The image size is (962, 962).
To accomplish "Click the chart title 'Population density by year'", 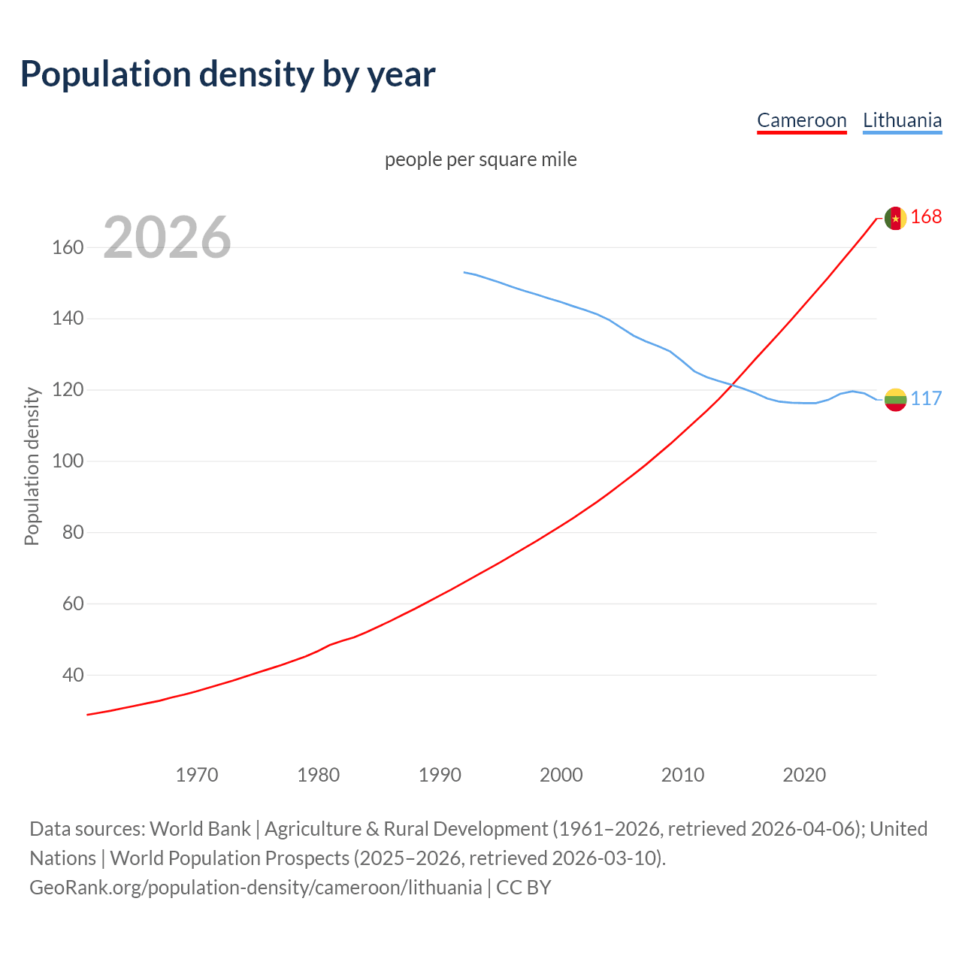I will [x=228, y=74].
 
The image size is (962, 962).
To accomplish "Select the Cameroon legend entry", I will [x=801, y=120].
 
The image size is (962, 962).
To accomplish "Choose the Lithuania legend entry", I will [x=902, y=120].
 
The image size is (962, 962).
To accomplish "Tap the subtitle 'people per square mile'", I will [x=480, y=159].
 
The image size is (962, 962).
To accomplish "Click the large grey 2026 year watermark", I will [x=167, y=237].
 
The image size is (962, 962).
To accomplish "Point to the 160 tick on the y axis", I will [x=68, y=247].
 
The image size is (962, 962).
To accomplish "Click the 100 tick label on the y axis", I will [x=68, y=461].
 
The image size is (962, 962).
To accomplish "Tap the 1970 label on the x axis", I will [x=197, y=774].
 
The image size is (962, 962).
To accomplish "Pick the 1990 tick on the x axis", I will [x=440, y=774].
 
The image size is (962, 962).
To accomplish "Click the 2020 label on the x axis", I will [x=804, y=774].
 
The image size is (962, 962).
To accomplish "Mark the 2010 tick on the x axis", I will [x=682, y=774].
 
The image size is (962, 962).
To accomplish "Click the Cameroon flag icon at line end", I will [x=895, y=218].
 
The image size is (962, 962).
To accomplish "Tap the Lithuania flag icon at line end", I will [x=895, y=400].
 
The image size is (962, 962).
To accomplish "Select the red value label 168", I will [x=926, y=216].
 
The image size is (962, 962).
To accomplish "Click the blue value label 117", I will [x=926, y=398].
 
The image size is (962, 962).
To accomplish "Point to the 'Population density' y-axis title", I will [x=32, y=466].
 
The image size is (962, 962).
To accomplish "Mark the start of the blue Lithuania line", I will [x=464, y=272].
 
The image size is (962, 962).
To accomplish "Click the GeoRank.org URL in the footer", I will [x=256, y=887].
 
